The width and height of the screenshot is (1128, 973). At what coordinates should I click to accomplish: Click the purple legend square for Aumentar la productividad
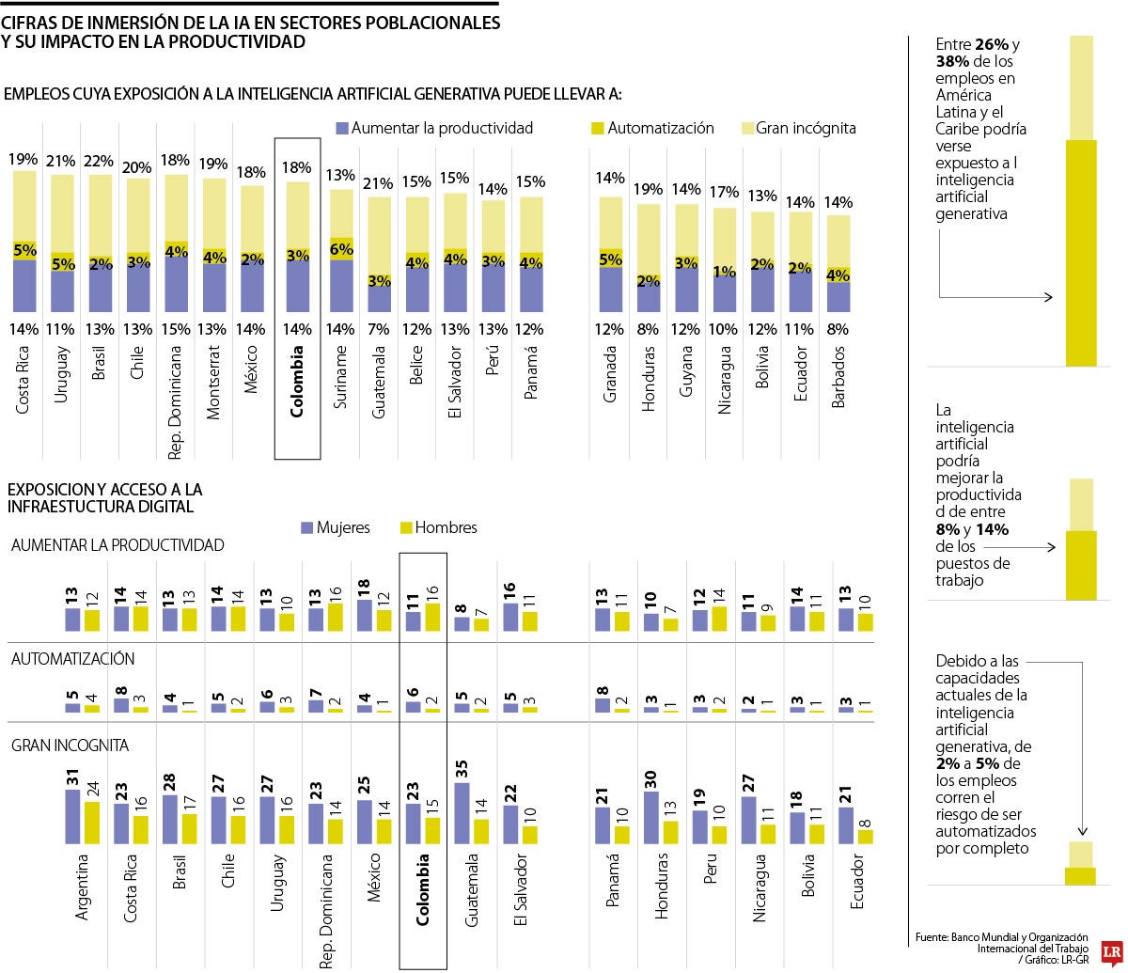point(342,128)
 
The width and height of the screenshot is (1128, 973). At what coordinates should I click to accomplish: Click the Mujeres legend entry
point(336,527)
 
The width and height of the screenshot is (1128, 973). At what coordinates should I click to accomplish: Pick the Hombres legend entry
point(438,527)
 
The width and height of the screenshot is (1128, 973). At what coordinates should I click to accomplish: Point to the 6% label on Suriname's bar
point(341,249)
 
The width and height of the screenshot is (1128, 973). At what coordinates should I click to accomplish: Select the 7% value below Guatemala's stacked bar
point(380,329)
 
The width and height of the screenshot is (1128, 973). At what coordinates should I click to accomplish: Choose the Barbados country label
point(838,377)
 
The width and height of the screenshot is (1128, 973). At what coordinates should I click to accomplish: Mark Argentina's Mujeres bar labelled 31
point(72,817)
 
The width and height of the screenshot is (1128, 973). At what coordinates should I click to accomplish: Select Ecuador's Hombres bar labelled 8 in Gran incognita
point(865,836)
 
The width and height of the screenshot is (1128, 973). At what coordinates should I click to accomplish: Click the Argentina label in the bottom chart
point(82,887)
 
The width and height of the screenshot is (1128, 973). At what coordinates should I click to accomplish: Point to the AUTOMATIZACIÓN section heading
point(72,659)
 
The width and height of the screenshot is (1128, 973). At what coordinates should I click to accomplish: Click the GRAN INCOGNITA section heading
point(70,745)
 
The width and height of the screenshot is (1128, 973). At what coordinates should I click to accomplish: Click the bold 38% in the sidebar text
point(953,61)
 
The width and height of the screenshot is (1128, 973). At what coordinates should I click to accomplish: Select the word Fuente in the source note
point(931,937)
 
